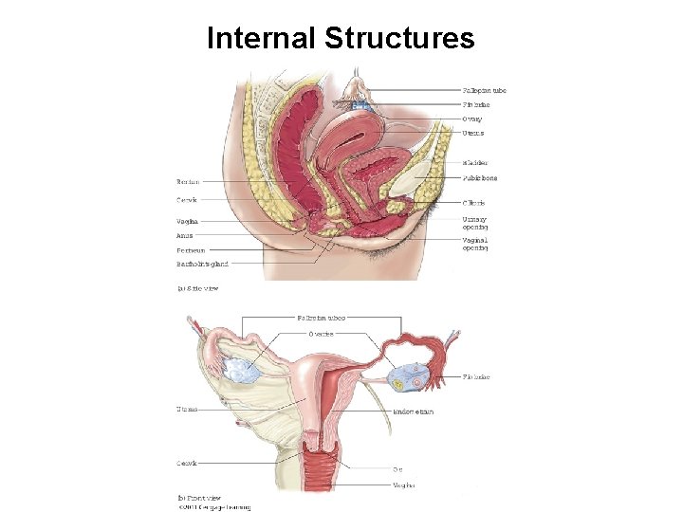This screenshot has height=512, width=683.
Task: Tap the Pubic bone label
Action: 479,178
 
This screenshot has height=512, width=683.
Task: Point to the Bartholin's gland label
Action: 202,263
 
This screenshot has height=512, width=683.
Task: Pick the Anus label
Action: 185,235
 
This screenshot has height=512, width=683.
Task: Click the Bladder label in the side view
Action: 474,162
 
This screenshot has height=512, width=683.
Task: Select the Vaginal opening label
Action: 475,245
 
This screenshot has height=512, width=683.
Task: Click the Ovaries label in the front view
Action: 320,334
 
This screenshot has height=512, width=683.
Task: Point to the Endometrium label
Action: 413,411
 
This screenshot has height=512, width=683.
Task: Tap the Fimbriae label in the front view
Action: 476,376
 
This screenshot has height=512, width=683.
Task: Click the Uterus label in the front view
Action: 187,409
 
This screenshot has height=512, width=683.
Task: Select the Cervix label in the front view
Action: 187,464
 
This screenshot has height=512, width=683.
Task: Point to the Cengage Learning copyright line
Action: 216,507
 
